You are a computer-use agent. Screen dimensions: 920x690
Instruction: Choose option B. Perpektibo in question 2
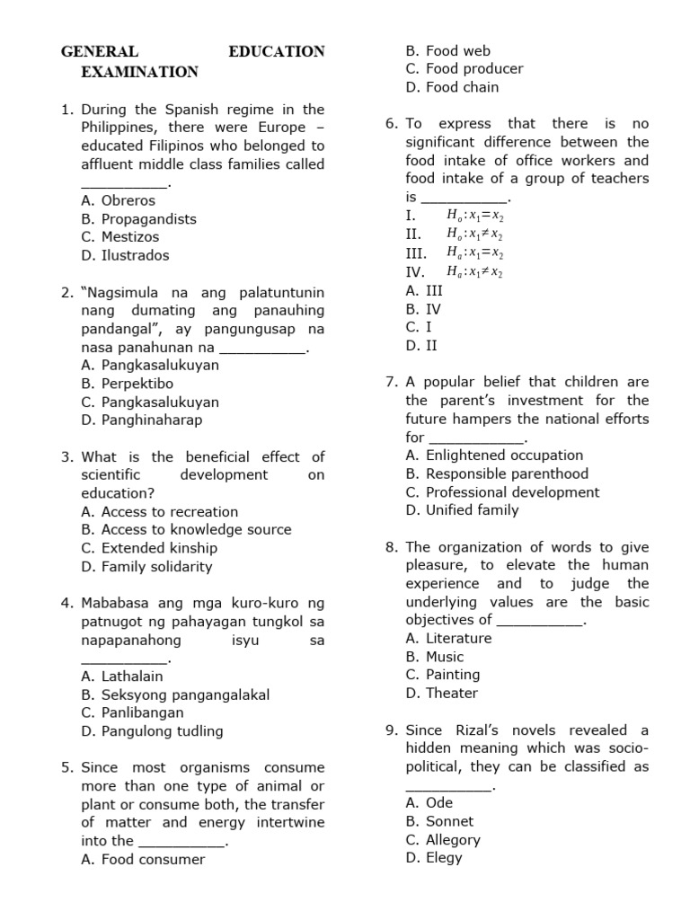click(127, 384)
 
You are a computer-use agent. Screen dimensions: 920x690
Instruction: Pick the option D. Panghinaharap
click(141, 420)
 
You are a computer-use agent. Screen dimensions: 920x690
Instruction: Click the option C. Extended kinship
click(149, 548)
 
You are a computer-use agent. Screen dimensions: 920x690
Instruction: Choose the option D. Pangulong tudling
click(152, 731)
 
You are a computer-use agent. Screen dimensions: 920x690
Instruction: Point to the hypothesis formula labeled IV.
click(474, 272)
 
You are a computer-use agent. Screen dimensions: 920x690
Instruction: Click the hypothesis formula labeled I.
click(474, 216)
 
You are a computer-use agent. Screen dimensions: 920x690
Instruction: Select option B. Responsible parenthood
click(497, 473)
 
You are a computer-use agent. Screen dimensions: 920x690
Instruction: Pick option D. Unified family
click(462, 510)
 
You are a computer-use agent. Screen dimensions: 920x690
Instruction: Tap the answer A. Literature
click(448, 639)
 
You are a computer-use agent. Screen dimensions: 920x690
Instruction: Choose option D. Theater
click(441, 694)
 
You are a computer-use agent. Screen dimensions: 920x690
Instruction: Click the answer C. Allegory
click(443, 840)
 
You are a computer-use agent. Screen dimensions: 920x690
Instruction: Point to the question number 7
click(392, 382)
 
